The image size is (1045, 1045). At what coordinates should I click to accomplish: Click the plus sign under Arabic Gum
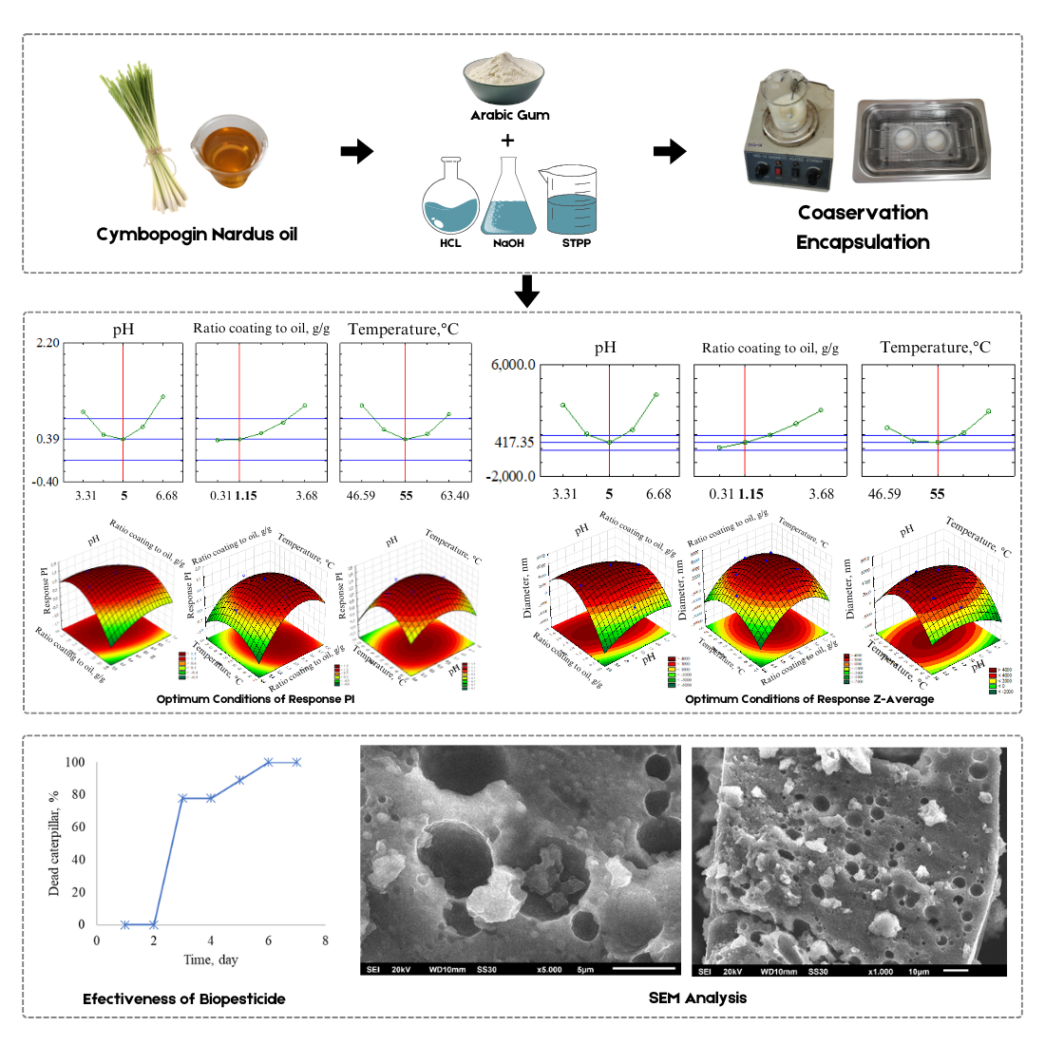point(508,141)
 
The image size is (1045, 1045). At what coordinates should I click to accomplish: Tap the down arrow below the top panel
point(526,291)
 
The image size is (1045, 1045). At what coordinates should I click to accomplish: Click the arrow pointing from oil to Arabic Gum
point(356,151)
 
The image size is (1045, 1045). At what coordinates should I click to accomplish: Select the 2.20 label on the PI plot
point(47,343)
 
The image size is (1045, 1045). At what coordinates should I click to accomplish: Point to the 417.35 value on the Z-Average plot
point(513,443)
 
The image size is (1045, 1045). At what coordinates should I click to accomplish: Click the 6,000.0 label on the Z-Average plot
point(513,365)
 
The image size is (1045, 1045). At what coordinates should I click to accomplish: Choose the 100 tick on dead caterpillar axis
point(75,762)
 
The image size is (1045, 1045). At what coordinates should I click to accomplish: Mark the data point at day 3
point(182,798)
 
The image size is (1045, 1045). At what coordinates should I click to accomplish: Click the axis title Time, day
point(211,959)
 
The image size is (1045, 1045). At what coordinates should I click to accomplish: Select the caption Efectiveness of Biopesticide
point(183,998)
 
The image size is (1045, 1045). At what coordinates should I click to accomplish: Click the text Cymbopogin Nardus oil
point(197,234)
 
